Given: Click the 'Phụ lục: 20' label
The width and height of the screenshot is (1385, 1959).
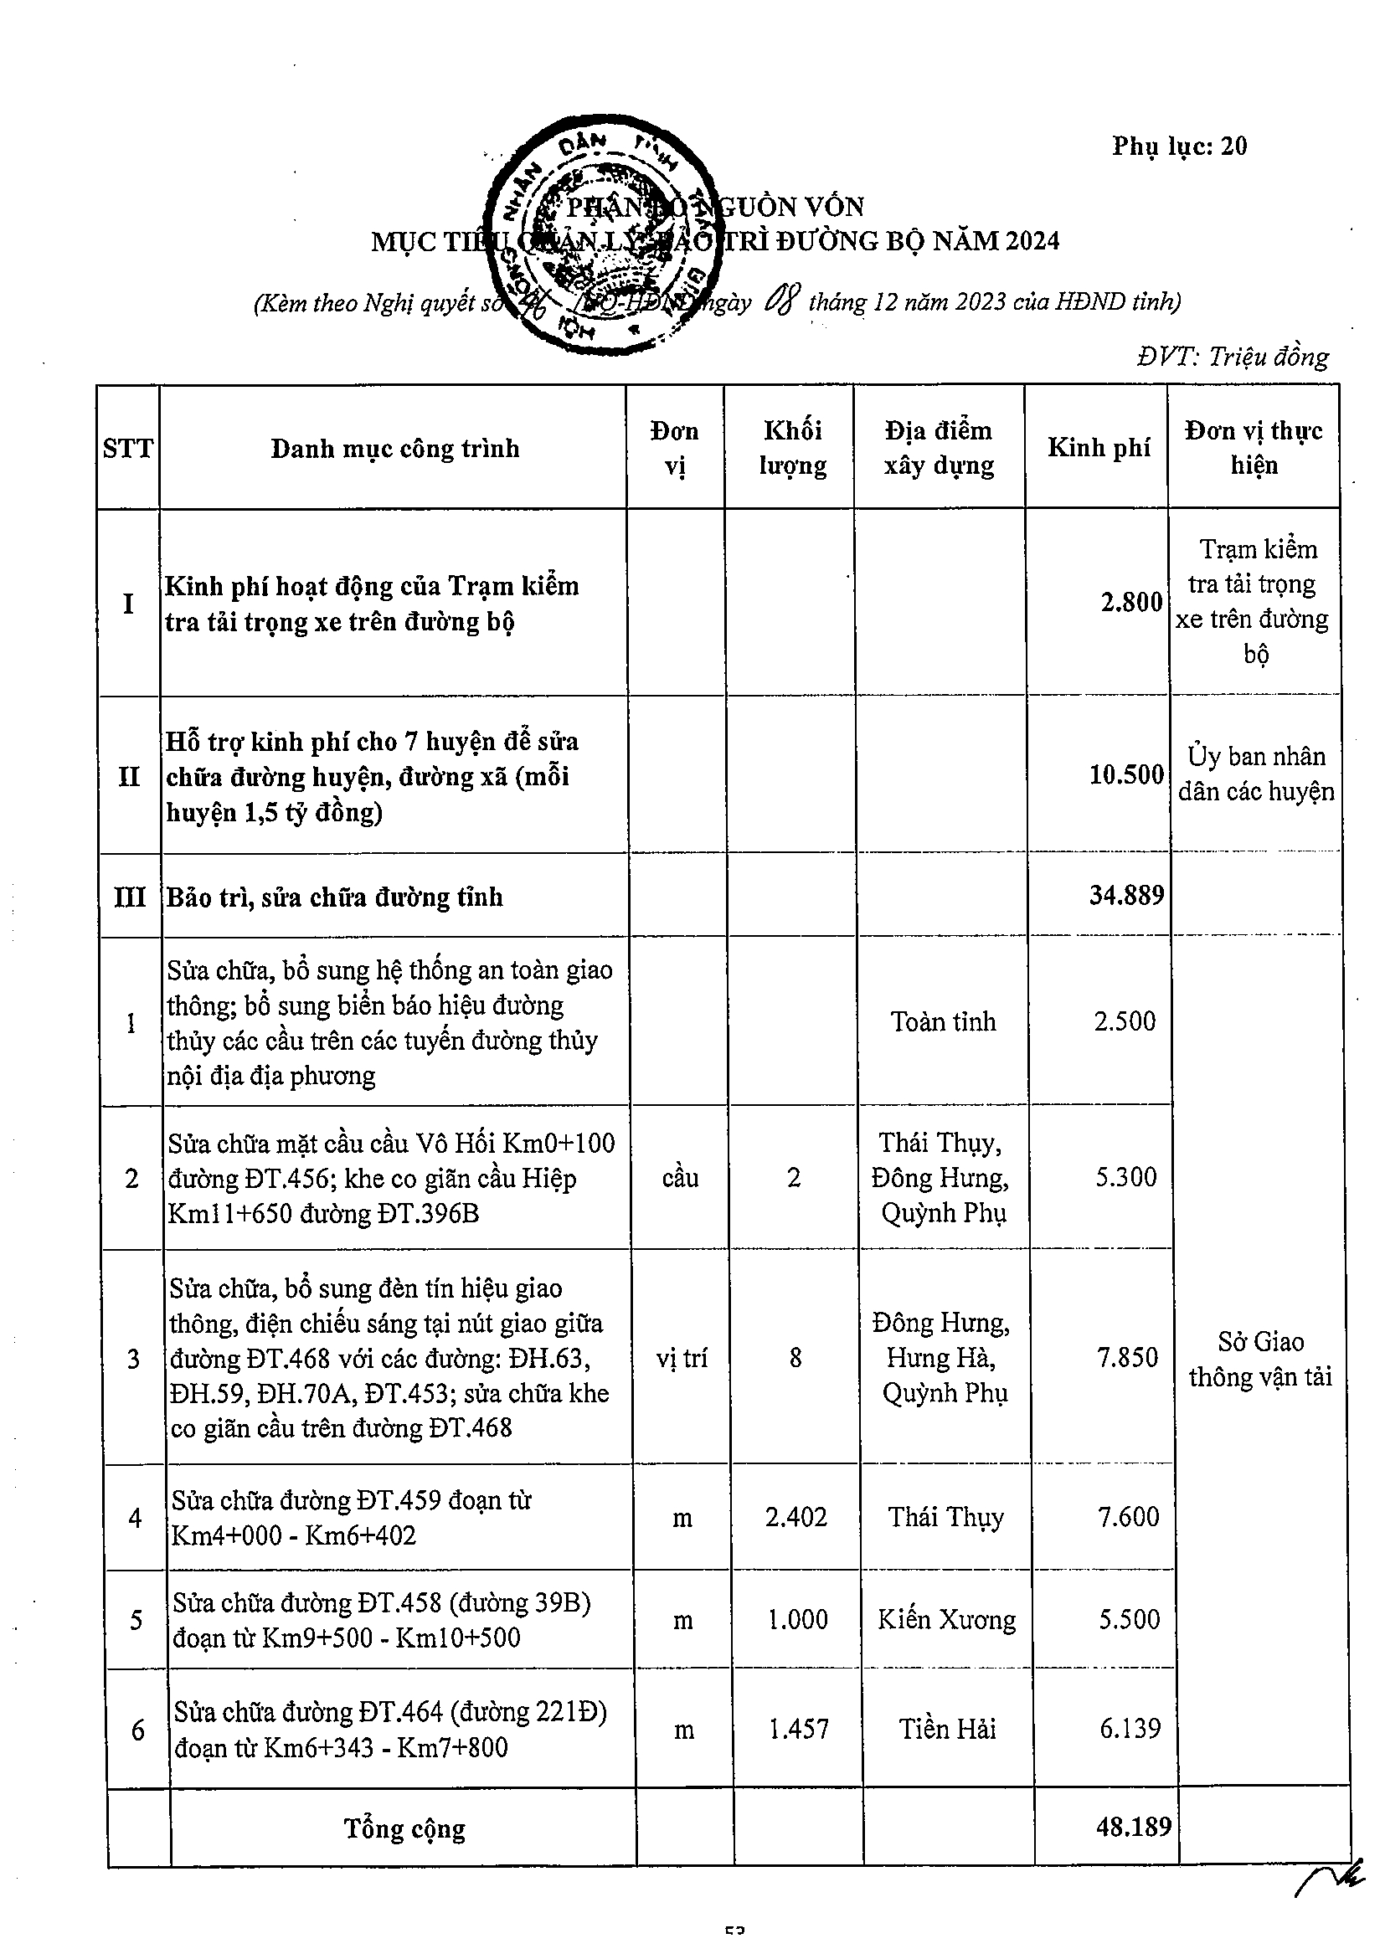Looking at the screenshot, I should coord(1178,147).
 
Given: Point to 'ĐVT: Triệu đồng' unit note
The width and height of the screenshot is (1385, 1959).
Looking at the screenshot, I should coord(1233,357).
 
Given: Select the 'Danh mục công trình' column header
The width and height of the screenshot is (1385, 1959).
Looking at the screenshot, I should coord(394,449).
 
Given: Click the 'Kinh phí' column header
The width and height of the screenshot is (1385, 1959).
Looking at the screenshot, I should coord(1099,448).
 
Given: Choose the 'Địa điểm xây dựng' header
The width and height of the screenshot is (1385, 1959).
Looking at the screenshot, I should coord(939,448).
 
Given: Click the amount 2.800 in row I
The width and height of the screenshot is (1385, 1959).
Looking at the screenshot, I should coord(1130,603).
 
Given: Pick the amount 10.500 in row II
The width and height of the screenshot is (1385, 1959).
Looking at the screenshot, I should coord(1126,774).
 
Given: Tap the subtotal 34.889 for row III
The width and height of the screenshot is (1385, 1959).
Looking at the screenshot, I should coord(1126,895).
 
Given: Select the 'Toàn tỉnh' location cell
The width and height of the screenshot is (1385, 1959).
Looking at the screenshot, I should coord(943,1021).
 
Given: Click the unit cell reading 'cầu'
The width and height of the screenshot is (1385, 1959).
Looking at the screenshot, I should coord(680,1177).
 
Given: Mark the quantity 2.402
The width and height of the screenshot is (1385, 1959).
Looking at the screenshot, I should coord(795,1516).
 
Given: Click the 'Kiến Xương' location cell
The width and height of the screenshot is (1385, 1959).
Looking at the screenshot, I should coord(946,1619).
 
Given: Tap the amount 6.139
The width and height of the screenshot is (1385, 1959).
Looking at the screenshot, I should coord(1130,1729).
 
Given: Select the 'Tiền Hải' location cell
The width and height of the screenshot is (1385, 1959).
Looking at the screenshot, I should coord(947,1730).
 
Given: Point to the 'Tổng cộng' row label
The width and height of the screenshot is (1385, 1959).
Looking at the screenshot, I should coord(404,1828).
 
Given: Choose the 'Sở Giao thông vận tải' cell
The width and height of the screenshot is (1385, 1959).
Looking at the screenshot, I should coord(1259,1359).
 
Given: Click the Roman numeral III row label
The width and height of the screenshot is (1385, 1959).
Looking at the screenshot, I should coord(130,897).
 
